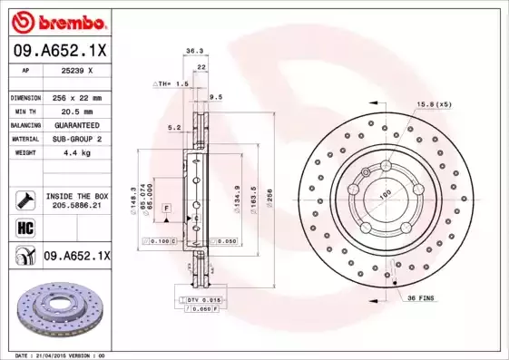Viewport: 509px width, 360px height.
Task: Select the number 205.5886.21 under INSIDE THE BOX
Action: click(x=75, y=206)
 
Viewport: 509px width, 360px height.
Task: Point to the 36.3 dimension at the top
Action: click(x=193, y=52)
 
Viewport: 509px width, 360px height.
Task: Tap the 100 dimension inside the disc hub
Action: click(x=384, y=193)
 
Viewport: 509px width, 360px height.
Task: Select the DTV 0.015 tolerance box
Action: click(x=202, y=299)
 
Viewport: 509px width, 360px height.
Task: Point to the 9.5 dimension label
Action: click(x=215, y=96)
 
